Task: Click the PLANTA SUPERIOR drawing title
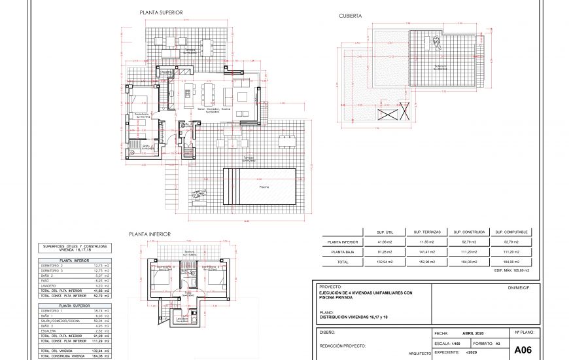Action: click(x=161, y=12)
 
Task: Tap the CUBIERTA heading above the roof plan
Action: click(x=350, y=15)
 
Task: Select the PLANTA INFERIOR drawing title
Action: click(x=150, y=234)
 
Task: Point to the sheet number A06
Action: click(x=523, y=350)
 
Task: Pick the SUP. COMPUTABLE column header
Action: click(x=511, y=232)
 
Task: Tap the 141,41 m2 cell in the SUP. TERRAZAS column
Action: click(x=426, y=251)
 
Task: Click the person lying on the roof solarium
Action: click(x=435, y=43)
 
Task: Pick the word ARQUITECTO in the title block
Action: click(x=418, y=353)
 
